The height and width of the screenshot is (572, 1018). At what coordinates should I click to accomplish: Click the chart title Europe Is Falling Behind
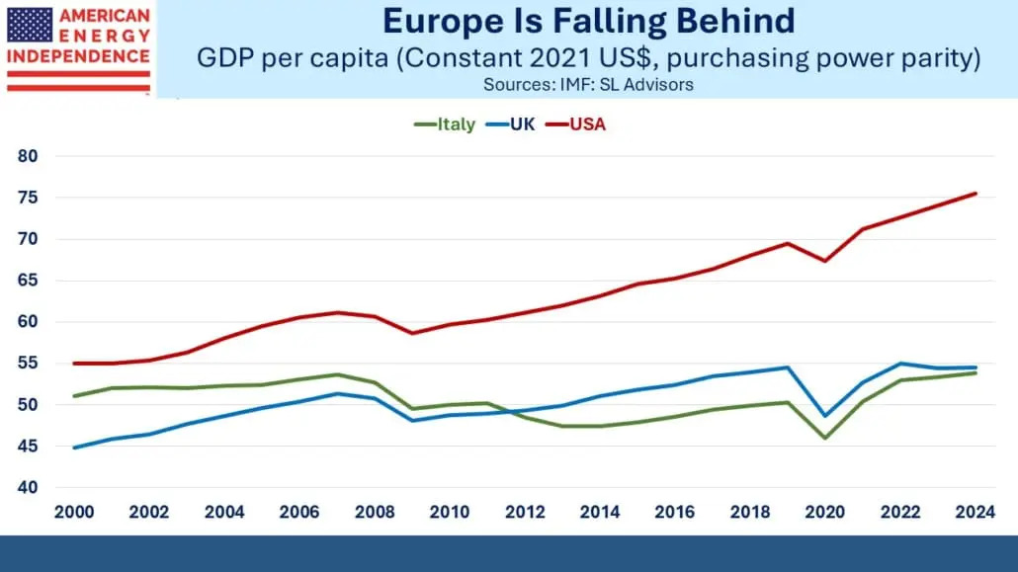click(588, 22)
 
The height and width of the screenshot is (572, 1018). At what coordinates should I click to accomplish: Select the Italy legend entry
click(446, 124)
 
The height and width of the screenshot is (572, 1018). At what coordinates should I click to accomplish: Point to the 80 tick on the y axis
click(27, 156)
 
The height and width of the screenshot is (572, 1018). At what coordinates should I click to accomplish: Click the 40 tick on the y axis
click(27, 487)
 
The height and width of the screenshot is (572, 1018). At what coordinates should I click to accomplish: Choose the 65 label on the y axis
click(27, 281)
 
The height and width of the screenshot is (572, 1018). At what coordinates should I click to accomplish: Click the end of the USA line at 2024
click(976, 194)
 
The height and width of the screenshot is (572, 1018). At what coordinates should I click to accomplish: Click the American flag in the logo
click(30, 25)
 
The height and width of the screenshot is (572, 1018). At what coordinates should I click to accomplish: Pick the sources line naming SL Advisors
click(588, 85)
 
